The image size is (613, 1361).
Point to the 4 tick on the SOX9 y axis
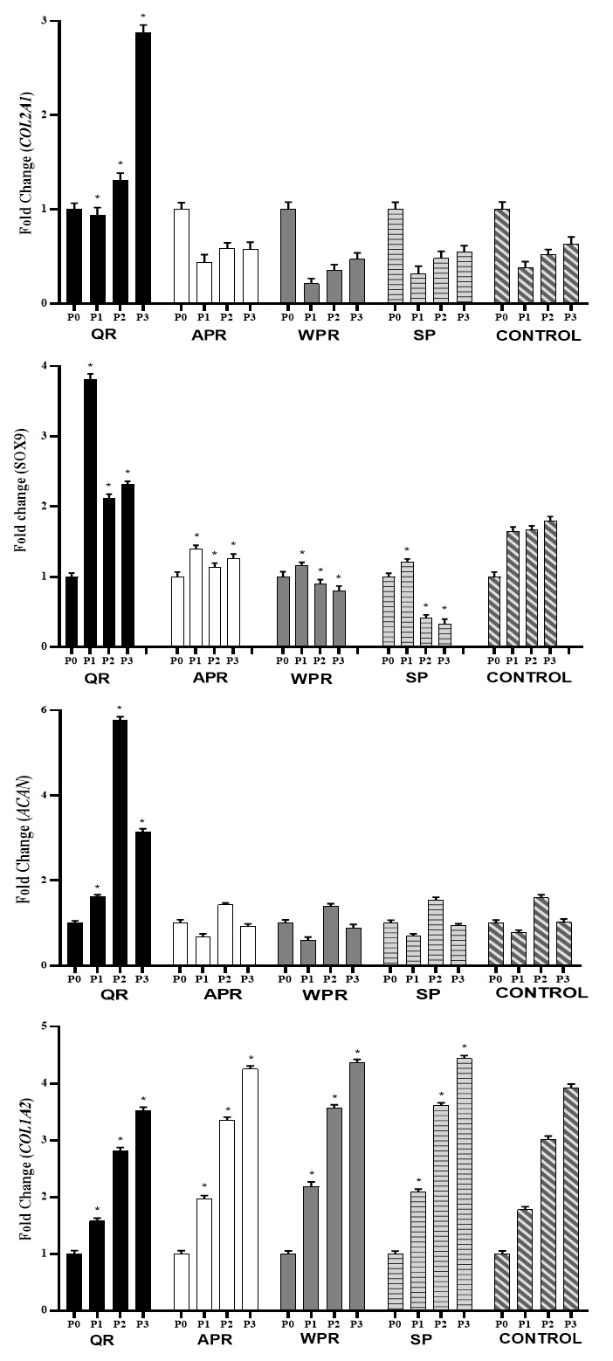point(44,365)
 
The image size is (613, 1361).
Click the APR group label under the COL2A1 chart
point(212,335)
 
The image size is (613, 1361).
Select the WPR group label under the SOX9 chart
point(315,679)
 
